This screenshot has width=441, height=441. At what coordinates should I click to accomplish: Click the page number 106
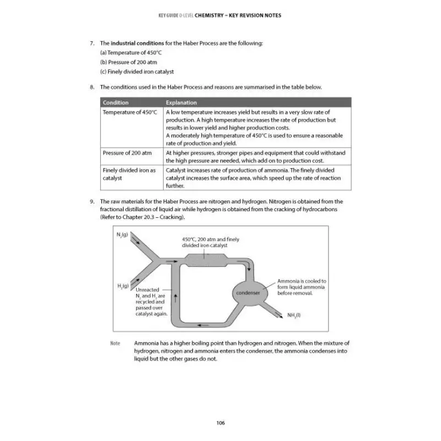220,423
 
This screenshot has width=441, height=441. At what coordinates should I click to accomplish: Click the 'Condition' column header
116,103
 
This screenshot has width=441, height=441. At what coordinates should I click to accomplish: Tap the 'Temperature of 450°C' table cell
130,112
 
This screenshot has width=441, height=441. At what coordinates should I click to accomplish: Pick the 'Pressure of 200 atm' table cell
127,152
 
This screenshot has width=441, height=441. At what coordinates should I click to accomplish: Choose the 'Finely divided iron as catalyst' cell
130,174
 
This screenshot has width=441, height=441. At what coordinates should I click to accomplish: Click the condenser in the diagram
248,293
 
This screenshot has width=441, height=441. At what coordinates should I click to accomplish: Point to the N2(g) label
122,235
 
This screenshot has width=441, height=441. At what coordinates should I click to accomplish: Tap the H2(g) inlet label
122,286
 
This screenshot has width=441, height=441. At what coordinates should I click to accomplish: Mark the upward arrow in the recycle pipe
175,298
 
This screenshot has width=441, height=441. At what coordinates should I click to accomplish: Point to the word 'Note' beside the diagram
115,343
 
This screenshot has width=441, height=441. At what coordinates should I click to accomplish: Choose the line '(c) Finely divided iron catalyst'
137,72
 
